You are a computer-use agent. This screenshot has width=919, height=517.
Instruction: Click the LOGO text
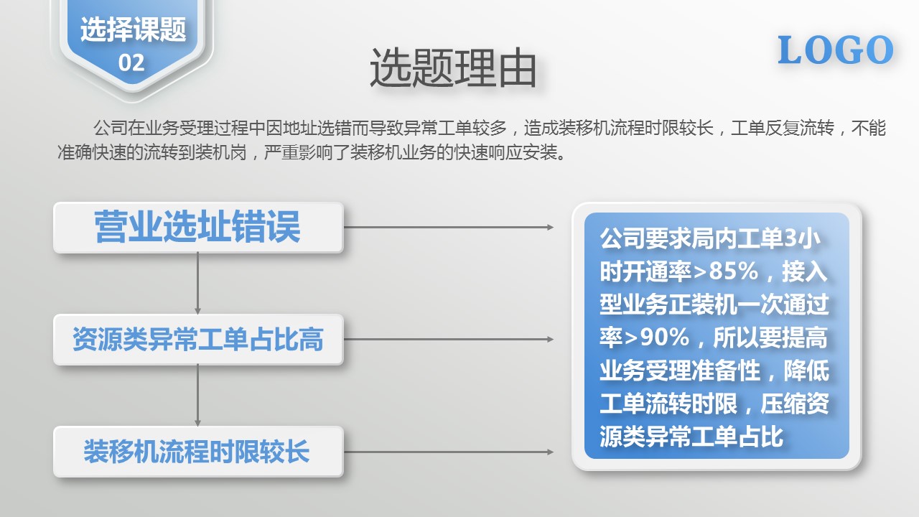click(x=835, y=50)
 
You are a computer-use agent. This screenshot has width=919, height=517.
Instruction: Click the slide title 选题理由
click(x=453, y=67)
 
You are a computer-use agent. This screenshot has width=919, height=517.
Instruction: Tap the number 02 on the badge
click(x=131, y=62)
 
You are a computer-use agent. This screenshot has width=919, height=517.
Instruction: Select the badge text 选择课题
click(x=133, y=29)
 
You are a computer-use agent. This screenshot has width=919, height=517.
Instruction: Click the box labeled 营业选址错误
click(x=198, y=228)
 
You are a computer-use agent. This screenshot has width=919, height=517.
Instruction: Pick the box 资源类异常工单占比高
click(x=198, y=340)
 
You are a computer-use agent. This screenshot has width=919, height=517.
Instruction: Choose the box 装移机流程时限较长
click(x=198, y=452)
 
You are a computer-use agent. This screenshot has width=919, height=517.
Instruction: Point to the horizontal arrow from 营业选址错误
click(x=449, y=228)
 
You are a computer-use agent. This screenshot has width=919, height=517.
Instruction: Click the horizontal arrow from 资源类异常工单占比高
click(x=449, y=340)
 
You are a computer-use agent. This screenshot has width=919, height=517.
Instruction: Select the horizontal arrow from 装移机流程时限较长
click(x=449, y=452)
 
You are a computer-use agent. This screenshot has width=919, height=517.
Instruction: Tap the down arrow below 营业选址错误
click(x=197, y=283)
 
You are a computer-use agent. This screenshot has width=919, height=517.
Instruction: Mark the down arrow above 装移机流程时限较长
click(x=197, y=395)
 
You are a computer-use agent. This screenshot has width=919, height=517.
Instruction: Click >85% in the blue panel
click(x=725, y=271)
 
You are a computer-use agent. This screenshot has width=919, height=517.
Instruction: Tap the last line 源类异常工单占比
click(x=691, y=436)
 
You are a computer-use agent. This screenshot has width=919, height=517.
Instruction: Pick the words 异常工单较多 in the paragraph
click(x=455, y=128)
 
